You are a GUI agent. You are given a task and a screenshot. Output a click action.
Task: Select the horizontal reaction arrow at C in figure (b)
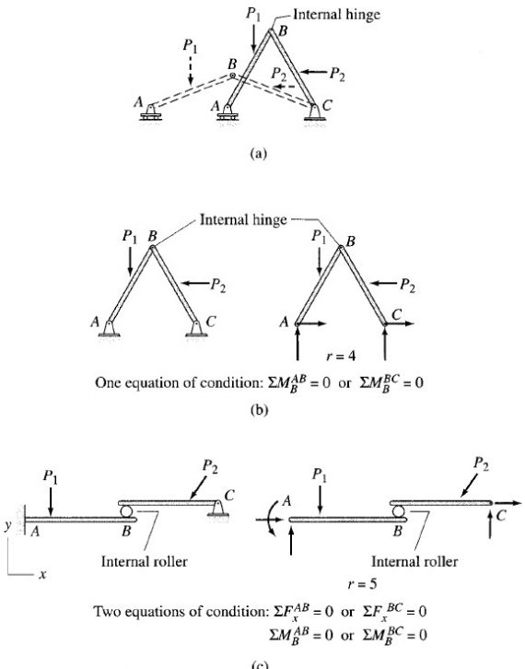coord(401,323)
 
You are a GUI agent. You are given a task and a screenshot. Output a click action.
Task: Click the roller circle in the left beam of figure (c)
coord(128,510)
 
